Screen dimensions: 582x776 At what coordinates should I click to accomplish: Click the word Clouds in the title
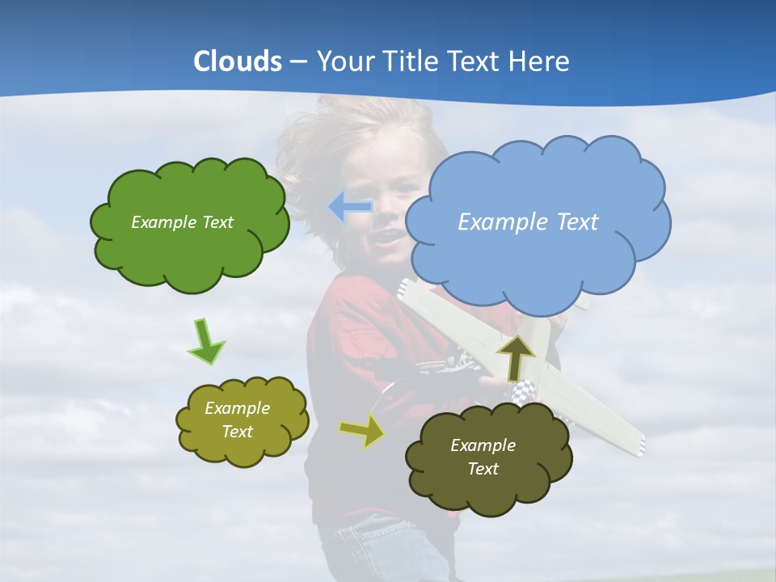coord(238,61)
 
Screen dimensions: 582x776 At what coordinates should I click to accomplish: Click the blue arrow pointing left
coord(350,207)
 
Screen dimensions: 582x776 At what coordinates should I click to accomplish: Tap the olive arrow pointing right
coord(363,431)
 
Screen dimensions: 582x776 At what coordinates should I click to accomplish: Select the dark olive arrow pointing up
coord(516,356)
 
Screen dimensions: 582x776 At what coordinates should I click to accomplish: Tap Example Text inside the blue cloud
coord(528,222)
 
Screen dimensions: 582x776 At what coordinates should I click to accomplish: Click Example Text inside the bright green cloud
coord(182,222)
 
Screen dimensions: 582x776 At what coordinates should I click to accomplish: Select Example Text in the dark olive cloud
coord(483,457)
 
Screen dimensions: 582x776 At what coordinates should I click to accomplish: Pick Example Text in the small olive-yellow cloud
coord(237,420)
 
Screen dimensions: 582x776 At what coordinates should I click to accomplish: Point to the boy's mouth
coord(388,236)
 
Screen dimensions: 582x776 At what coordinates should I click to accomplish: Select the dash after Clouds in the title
coord(297,61)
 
